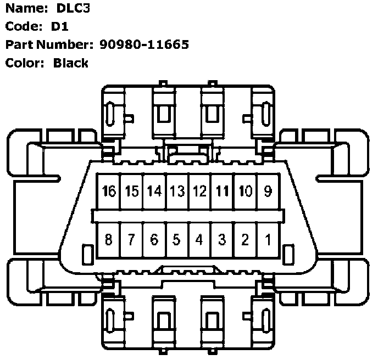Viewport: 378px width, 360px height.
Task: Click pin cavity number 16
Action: [x=108, y=192]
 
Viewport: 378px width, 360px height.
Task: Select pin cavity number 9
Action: [x=268, y=192]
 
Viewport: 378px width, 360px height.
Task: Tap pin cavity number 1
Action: [x=268, y=240]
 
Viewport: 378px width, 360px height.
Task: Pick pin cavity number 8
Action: [x=108, y=240]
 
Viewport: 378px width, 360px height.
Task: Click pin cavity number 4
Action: [x=200, y=240]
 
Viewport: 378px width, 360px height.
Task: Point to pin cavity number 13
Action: [x=177, y=192]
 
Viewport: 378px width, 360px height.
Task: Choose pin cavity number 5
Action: [x=177, y=240]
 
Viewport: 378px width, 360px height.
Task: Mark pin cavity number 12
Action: [x=200, y=192]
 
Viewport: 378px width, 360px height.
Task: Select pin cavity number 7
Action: [x=131, y=240]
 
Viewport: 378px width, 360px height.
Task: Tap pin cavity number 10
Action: [x=246, y=192]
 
